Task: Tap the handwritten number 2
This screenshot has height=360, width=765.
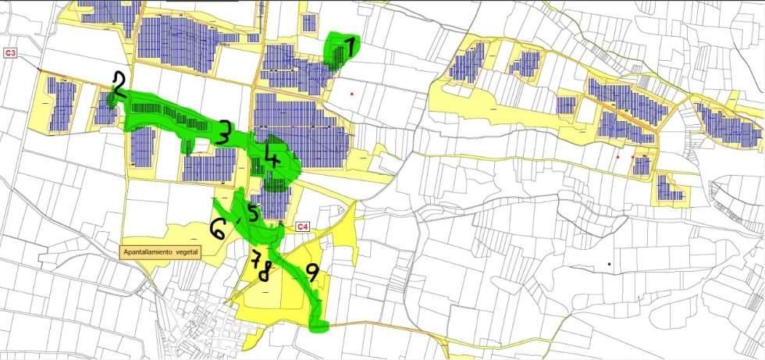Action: [x=119, y=84]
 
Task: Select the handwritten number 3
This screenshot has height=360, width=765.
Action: [x=224, y=132]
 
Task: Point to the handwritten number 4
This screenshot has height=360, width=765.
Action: [x=272, y=155]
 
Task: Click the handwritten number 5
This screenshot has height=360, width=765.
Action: [x=253, y=212]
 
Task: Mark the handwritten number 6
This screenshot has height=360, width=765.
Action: [x=219, y=229]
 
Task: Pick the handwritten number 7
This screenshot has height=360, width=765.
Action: [x=257, y=260]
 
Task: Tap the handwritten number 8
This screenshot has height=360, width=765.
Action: [x=265, y=272]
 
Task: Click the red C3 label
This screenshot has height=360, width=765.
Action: [x=11, y=52]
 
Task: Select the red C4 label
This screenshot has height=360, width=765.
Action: [x=304, y=227]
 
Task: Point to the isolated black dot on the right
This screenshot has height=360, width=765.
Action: [x=610, y=264]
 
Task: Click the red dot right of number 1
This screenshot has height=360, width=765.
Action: [x=352, y=94]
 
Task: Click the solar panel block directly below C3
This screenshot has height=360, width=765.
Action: [x=62, y=104]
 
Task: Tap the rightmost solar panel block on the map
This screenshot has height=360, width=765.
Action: [x=729, y=127]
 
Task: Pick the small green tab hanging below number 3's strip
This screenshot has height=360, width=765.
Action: [x=187, y=146]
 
